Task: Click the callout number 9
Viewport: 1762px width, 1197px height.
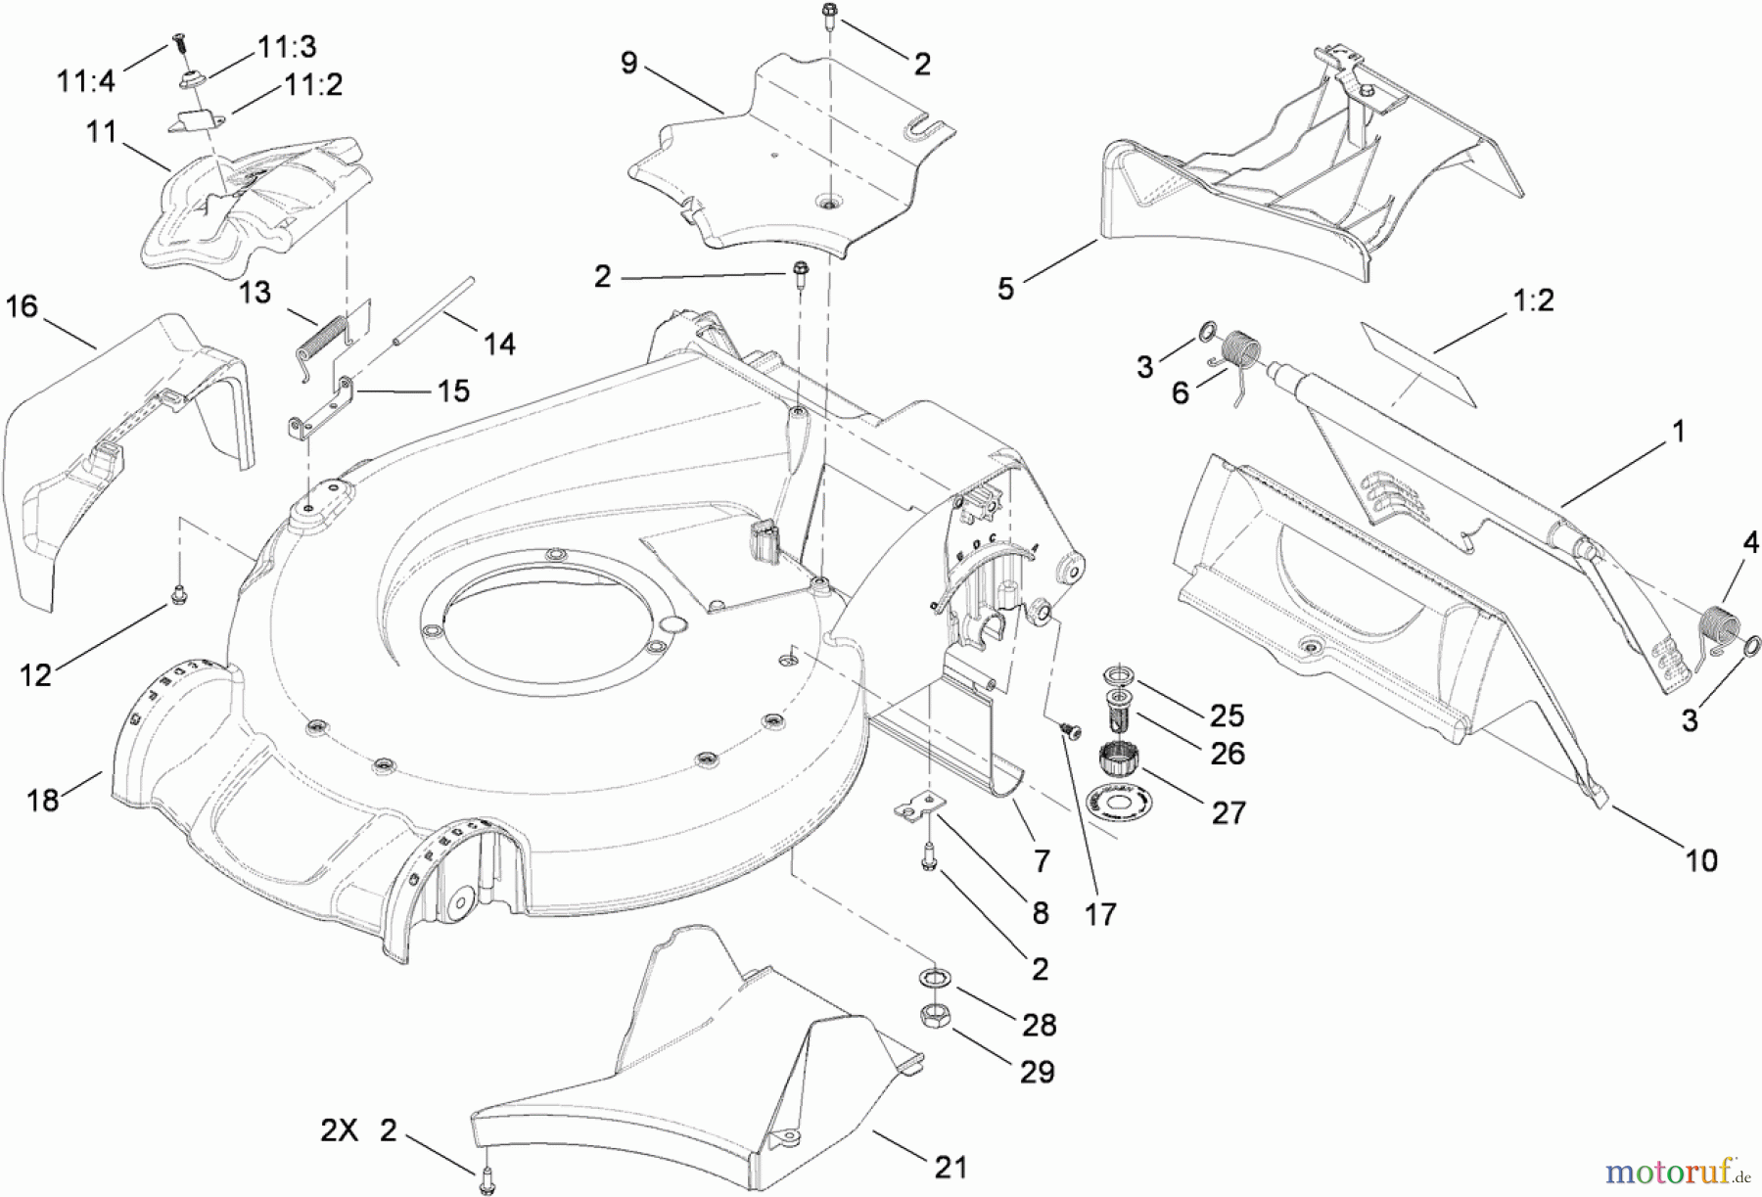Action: point(628,64)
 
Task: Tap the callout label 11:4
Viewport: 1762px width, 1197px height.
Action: point(86,80)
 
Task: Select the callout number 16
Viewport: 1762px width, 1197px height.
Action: point(22,306)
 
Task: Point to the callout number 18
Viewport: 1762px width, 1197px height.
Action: point(43,800)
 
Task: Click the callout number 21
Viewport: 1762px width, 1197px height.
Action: point(951,1167)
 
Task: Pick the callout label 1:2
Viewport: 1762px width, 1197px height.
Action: point(1534,299)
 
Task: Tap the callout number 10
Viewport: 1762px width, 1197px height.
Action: point(1701,860)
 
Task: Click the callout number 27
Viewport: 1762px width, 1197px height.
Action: point(1229,812)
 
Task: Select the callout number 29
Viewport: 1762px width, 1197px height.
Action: point(1038,1072)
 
